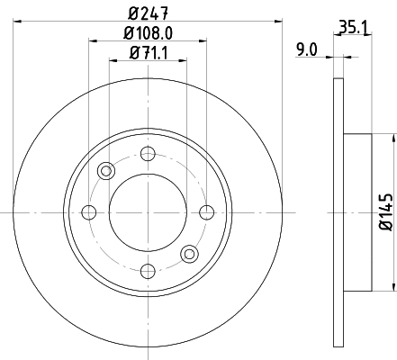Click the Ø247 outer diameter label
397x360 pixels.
click(148, 13)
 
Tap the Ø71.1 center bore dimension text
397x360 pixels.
click(148, 53)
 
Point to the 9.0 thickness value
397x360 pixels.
click(307, 50)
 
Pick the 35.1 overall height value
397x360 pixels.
click(350, 28)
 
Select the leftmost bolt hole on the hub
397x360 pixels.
click(89, 212)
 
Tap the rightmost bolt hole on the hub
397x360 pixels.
click(206, 212)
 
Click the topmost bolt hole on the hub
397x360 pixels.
click(148, 154)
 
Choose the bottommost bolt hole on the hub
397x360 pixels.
click(148, 271)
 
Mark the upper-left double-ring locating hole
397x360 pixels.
click(107, 171)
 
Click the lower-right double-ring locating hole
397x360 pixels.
click(189, 254)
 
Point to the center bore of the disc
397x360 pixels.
click(148, 212)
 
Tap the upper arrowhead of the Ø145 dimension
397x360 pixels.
click(392, 139)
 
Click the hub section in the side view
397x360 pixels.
click(356, 212)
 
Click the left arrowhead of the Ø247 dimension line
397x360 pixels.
click(18, 22)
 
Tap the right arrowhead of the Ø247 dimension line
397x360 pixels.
click(278, 22)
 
